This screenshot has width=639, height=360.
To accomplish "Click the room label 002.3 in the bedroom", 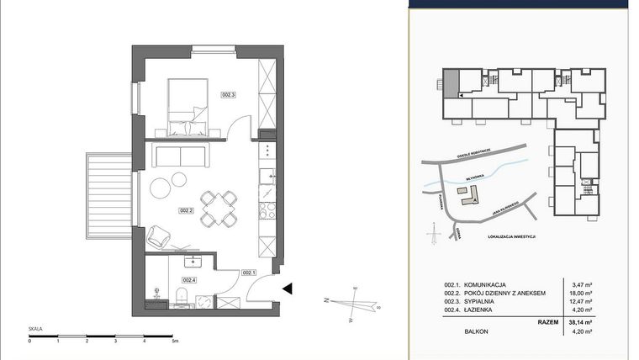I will point(228,95).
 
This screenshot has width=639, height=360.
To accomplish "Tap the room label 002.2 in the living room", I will point(187,211).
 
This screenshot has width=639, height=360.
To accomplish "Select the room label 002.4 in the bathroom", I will point(188,280).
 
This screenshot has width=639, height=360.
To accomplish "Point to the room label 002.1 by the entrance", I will point(249,273).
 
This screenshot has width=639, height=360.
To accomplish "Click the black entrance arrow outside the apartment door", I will point(287,289).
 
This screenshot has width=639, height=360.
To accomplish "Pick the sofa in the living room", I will point(178,156).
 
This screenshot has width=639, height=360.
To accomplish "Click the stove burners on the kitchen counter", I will point(267,208).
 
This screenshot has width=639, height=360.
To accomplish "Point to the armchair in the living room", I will point(159,238).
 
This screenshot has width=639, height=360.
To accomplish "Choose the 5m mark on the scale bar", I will point(174,342).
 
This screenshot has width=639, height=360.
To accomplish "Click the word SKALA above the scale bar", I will point(36,330).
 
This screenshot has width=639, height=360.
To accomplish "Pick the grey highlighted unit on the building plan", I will point(452,84).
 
